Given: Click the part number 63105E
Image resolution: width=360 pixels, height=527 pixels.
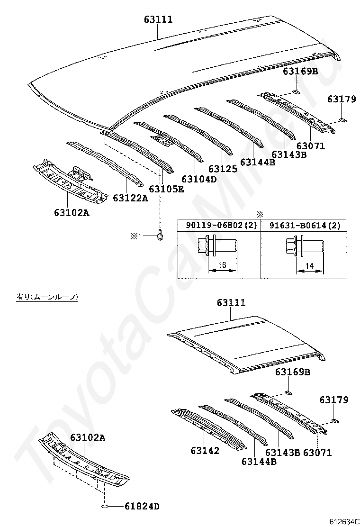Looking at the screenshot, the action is [166, 189].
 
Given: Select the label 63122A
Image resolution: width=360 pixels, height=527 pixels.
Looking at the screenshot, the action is [130, 198].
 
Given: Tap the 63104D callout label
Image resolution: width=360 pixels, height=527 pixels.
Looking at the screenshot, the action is [199, 179].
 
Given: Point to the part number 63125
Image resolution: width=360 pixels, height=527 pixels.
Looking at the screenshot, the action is [223, 169].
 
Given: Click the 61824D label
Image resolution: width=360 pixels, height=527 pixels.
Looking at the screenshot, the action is [142, 507].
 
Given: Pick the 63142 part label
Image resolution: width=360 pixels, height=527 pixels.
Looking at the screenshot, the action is [205, 450].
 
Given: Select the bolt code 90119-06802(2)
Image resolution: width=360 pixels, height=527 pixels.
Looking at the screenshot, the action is [218, 225].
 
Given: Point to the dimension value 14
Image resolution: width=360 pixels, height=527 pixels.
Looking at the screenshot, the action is [309, 266].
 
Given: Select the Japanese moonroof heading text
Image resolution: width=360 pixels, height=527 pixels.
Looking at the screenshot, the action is [47, 297].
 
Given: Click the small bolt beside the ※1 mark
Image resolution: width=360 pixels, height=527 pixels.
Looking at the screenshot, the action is [160, 235].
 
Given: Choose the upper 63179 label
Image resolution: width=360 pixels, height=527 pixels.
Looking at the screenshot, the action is [341, 99].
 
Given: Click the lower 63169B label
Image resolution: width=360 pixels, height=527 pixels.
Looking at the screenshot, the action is [293, 372].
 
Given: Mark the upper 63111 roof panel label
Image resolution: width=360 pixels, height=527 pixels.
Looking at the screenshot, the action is [158, 19].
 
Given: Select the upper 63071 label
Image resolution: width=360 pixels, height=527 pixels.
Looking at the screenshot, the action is [311, 146].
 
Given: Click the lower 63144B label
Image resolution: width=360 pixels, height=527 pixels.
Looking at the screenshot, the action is [259, 461].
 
